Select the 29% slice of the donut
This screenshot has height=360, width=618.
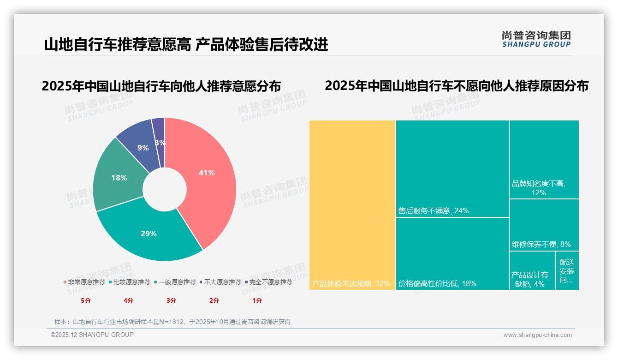pyautogui.click(x=149, y=234)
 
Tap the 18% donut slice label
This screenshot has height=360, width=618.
pyautogui.click(x=119, y=178)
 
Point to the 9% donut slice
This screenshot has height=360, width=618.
pyautogui.click(x=143, y=148)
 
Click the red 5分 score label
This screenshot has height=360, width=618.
pyautogui.click(x=86, y=300)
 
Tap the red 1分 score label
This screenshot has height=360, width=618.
pyautogui.click(x=257, y=300)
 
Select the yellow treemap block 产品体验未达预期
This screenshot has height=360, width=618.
pyautogui.click(x=352, y=203)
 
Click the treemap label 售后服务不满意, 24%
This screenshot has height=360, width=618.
pyautogui.click(x=434, y=211)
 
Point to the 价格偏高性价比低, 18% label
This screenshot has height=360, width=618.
pyautogui.click(x=437, y=283)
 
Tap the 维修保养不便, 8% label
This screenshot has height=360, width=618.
pyautogui.click(x=541, y=244)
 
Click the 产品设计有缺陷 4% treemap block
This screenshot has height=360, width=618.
pyautogui.click(x=532, y=272)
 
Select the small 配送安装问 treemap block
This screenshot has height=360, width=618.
pyautogui.click(x=567, y=271)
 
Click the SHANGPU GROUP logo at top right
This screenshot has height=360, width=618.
pyautogui.click(x=536, y=39)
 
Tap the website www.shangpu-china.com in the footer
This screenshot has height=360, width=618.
pyautogui.click(x=537, y=335)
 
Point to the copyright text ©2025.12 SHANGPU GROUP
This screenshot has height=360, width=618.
pyautogui.click(x=92, y=335)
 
